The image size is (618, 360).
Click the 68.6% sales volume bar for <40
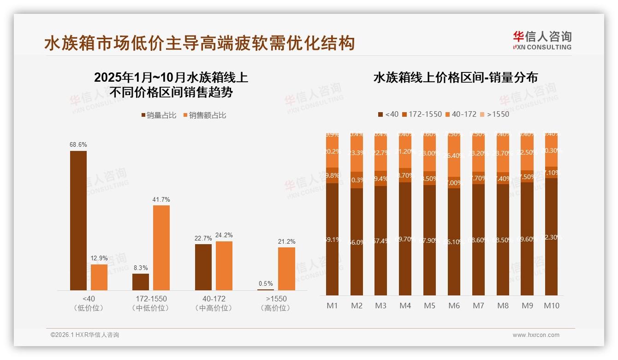click(x=78, y=220)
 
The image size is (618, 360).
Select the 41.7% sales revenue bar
click(x=161, y=247)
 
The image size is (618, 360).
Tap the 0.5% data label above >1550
click(x=266, y=283)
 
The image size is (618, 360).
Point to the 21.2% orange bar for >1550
click(x=286, y=269)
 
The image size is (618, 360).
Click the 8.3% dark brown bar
click(x=141, y=282)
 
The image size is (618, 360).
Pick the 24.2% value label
click(x=224, y=235)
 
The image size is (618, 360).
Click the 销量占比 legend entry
click(x=159, y=115)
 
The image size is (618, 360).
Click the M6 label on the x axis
click(x=454, y=306)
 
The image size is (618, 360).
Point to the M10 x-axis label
click(x=551, y=306)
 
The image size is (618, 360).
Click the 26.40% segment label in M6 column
click(x=454, y=156)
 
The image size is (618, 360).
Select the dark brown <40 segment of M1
click(x=333, y=239)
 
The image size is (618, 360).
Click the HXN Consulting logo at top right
click(x=542, y=41)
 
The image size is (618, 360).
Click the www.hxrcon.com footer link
click(x=536, y=335)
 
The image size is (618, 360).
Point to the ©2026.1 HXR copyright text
click(x=84, y=335)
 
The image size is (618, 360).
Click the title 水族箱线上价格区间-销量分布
click(x=455, y=78)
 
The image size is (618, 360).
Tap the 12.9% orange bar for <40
click(x=99, y=277)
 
